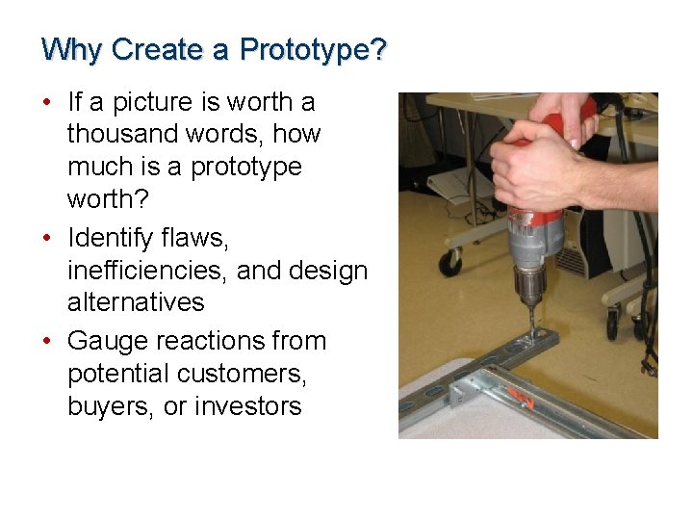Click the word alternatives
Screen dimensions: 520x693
click(136, 302)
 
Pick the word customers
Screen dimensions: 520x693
click(248, 374)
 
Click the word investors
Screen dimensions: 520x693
click(248, 406)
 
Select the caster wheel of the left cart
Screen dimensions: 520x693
click(449, 262)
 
